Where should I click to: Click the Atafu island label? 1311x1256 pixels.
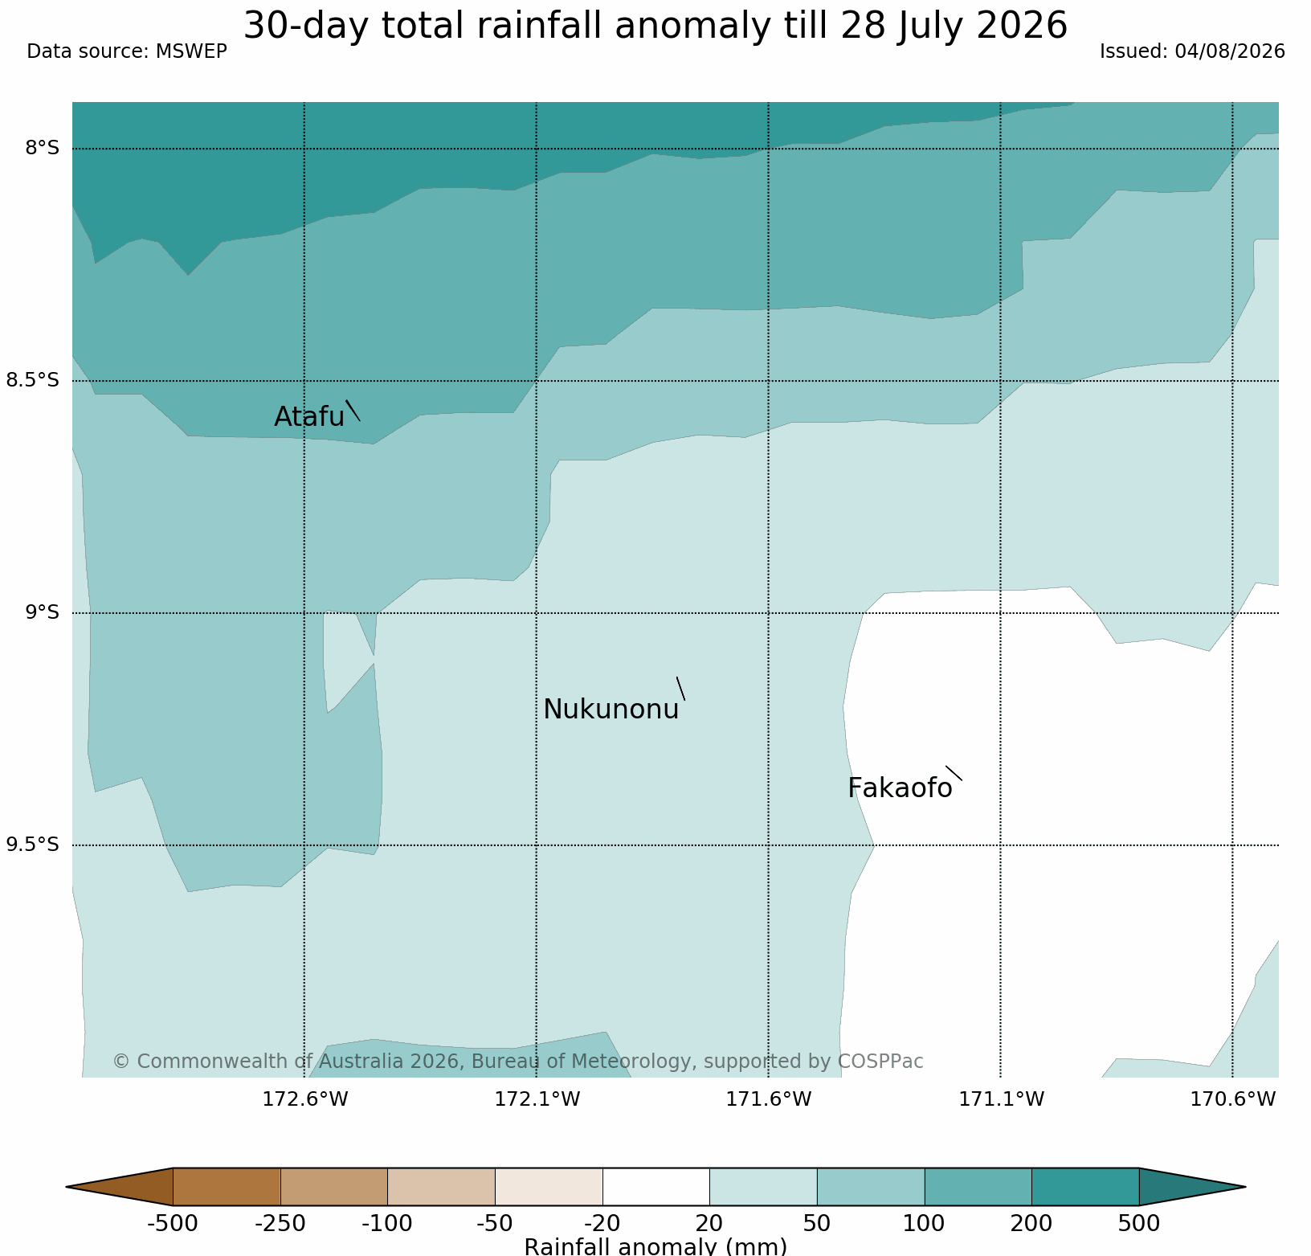[x=309, y=416]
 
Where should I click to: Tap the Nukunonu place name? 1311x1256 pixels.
[x=611, y=710]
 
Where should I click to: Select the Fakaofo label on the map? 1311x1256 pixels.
[x=900, y=788]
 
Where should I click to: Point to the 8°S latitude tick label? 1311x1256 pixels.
[x=43, y=148]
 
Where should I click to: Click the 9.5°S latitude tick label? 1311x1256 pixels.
[x=33, y=845]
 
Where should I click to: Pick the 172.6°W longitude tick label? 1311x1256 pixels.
[x=305, y=1098]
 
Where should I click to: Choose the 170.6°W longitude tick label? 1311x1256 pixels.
[x=1232, y=1098]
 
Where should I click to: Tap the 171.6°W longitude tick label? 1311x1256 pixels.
[x=769, y=1098]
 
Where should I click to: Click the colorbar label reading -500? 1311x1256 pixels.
[x=173, y=1224]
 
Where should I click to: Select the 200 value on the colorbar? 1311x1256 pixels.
[x=1031, y=1224]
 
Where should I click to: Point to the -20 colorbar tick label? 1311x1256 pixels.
[x=602, y=1224]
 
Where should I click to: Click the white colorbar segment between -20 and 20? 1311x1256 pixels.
[x=655, y=1187]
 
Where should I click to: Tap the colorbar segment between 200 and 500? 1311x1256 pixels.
[x=1085, y=1187]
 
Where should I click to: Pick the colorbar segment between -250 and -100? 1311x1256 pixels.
[x=334, y=1187]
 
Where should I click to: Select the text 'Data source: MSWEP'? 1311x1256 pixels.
[x=127, y=51]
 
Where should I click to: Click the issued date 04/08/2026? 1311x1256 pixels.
[x=1230, y=51]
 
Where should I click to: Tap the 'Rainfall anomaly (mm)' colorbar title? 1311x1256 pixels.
[x=655, y=1246]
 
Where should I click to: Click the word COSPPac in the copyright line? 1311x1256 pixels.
[x=880, y=1062]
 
